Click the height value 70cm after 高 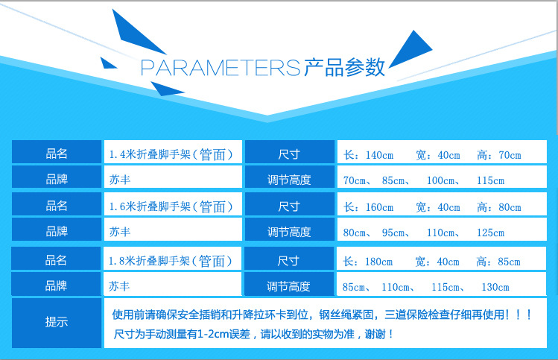coord(509,155)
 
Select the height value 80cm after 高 coord(509,206)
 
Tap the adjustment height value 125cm coord(490,233)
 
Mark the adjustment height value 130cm coord(495,287)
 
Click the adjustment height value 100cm coord(441,180)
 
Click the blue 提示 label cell coord(57,323)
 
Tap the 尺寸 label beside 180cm coord(288,262)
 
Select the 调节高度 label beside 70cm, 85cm coord(288,180)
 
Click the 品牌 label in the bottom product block coord(57,285)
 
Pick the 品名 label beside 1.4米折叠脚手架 coord(57,154)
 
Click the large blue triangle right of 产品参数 coord(411,50)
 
